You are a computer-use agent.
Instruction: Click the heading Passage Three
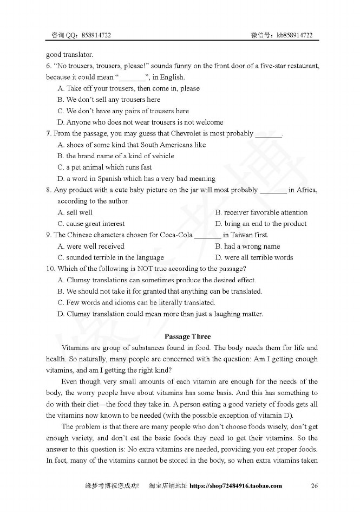(187, 336)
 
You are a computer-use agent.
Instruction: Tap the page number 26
(314, 485)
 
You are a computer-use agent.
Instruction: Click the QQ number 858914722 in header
(97, 35)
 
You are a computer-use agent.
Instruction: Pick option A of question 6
(128, 88)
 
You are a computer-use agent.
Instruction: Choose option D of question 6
(140, 122)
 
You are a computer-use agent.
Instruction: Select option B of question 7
(116, 156)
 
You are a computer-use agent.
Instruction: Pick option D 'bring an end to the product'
(261, 224)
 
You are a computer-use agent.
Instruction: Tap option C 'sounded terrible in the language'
(110, 258)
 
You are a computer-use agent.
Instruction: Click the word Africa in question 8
(305, 190)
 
